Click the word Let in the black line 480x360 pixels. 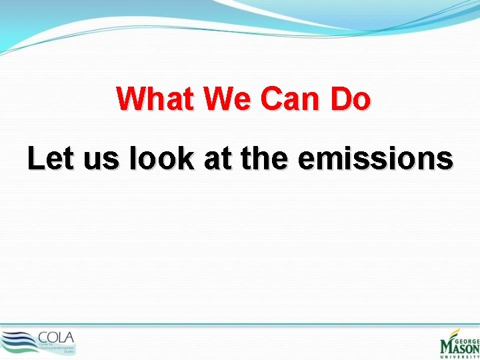click(x=49, y=159)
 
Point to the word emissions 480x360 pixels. click(x=377, y=159)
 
